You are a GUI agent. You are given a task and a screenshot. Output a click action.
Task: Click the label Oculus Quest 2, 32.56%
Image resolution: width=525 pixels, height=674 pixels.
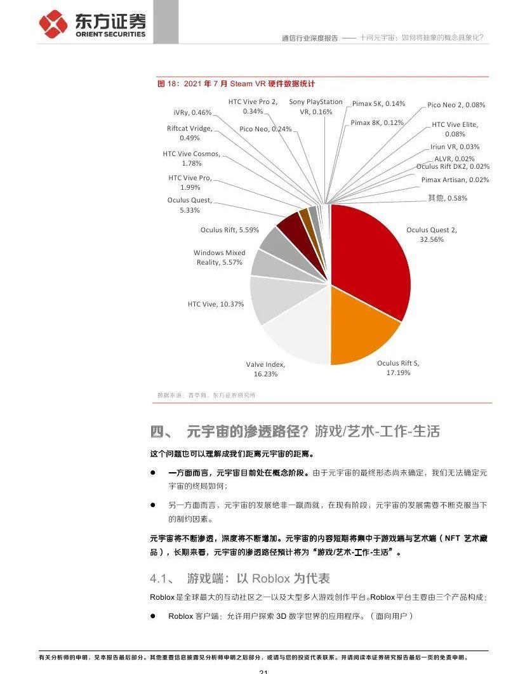pyautogui.click(x=432, y=235)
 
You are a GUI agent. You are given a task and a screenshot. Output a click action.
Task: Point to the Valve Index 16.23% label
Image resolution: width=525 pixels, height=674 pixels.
pyautogui.click(x=265, y=369)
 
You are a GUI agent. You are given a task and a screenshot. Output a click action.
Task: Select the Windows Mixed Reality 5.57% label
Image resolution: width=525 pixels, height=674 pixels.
pyautogui.click(x=219, y=257)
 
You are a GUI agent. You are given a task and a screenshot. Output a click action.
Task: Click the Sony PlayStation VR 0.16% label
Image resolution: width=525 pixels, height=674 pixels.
pyautogui.click(x=316, y=107)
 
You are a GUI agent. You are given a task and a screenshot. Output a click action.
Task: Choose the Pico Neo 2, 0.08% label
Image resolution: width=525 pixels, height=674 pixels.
pyautogui.click(x=456, y=105)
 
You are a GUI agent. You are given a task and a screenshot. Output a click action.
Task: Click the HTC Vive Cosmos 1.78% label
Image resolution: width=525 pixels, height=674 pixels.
pyautogui.click(x=191, y=158)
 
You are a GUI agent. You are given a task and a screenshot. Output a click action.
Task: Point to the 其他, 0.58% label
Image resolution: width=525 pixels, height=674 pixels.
pyautogui.click(x=447, y=198)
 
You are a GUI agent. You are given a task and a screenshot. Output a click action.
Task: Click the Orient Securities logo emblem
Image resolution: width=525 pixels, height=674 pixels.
pyautogui.click(x=53, y=23)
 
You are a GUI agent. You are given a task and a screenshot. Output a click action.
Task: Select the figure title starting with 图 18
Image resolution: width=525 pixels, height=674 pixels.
pyautogui.click(x=236, y=84)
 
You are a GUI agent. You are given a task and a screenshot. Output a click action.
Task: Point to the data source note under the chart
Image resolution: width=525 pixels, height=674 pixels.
pyautogui.click(x=206, y=395)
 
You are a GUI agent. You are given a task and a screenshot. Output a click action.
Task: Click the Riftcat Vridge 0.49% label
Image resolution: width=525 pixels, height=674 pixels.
pyautogui.click(x=189, y=133)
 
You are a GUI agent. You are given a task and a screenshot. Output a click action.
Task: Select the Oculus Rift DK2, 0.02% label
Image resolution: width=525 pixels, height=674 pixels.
pyautogui.click(x=453, y=166)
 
